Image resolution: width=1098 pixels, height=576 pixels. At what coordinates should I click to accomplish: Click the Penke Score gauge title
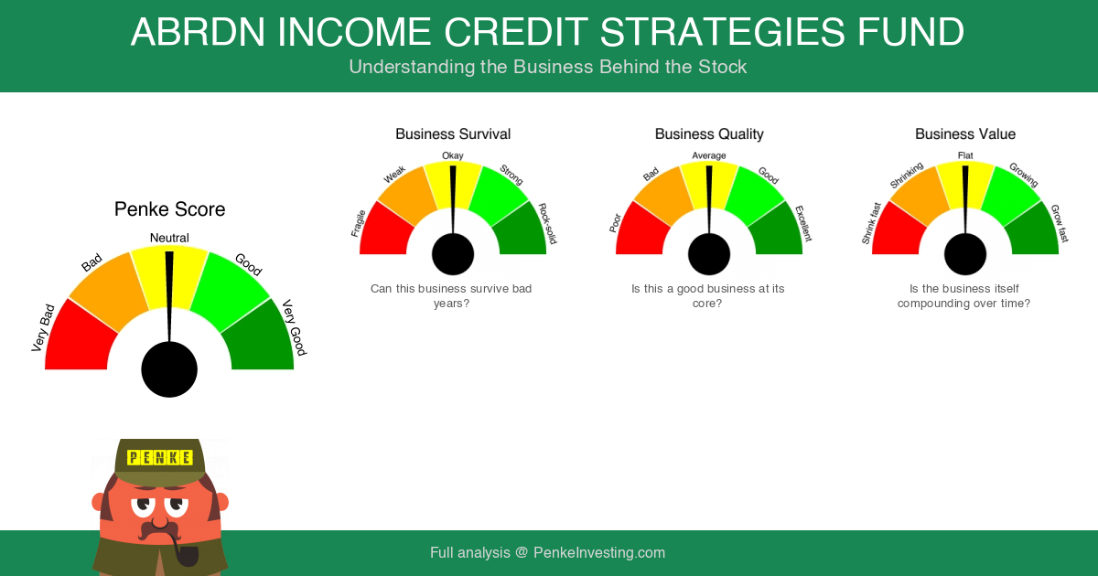pos(169,209)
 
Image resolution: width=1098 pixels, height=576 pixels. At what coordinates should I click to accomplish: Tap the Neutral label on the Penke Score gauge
pos(169,238)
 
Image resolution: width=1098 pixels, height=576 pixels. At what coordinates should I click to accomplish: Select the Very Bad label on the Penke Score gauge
pos(43,328)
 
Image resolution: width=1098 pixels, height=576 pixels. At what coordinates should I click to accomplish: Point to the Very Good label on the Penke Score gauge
pos(294,327)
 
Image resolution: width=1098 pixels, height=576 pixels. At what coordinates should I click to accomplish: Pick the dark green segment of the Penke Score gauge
pos(260,338)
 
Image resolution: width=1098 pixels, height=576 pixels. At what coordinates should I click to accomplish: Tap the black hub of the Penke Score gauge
pos(169,369)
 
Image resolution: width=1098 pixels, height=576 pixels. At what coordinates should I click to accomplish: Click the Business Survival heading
pos(453,134)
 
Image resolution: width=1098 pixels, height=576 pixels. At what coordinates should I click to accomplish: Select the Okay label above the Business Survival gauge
pos(452,155)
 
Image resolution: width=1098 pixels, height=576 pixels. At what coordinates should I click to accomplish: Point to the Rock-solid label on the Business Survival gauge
pos(547,223)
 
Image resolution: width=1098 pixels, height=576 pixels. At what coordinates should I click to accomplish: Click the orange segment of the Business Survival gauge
pos(407,196)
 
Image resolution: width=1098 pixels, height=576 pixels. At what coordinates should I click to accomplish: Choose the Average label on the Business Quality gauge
pos(709,155)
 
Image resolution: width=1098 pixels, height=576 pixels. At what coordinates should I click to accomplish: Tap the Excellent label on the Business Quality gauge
pos(803,224)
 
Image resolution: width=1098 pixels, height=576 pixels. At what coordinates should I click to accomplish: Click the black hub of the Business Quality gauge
pos(709,254)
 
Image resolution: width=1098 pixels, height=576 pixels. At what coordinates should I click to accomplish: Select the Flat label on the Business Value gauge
pos(965,155)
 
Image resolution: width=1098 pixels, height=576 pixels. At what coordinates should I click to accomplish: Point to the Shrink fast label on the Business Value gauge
pos(871,223)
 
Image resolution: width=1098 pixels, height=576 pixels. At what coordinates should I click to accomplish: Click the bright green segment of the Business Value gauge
pos(1011,196)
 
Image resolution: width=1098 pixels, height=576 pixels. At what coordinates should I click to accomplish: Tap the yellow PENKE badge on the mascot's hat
pos(160,457)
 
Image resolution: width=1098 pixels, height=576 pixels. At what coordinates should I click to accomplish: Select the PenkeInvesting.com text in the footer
pos(599,552)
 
